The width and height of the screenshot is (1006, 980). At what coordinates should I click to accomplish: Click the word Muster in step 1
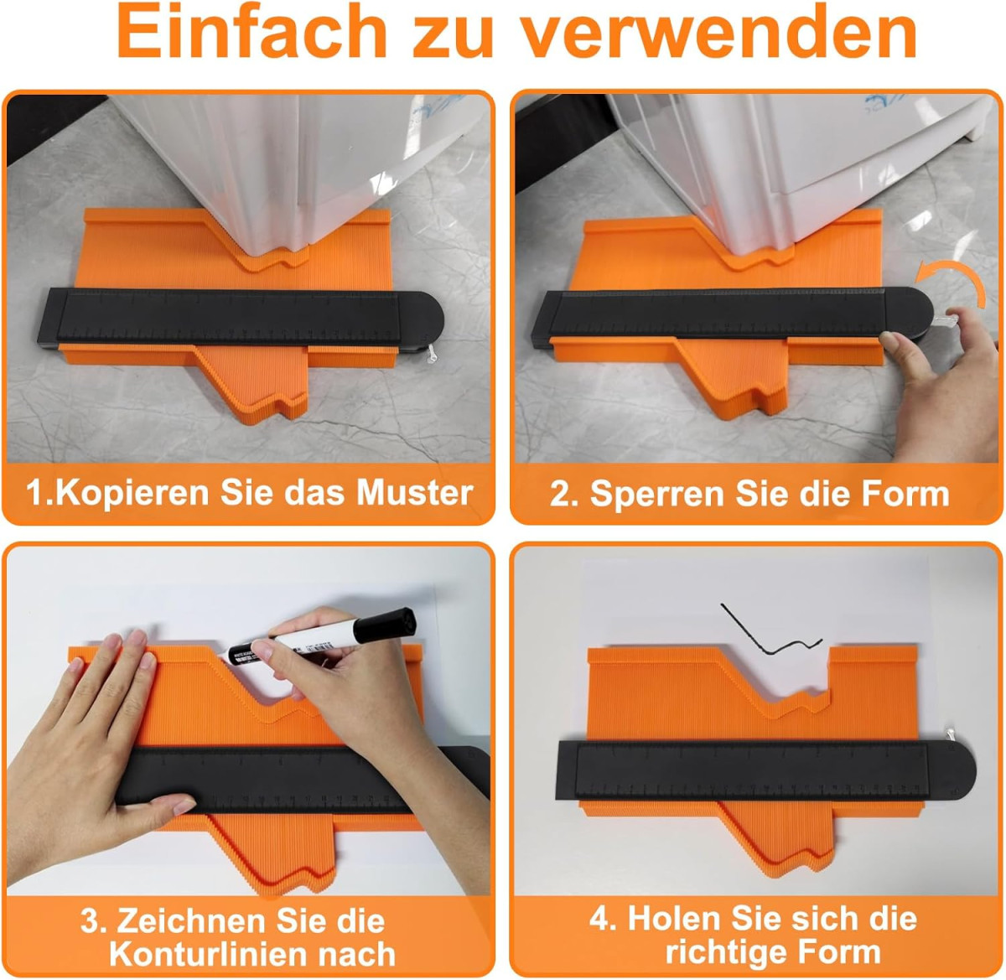coord(415,493)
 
